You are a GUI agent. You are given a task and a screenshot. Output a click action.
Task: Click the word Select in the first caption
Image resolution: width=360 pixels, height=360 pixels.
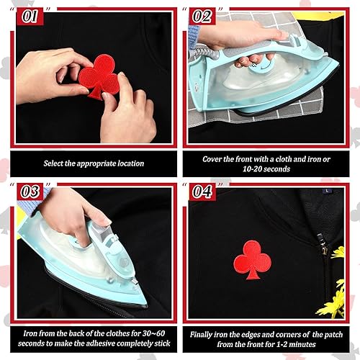55,163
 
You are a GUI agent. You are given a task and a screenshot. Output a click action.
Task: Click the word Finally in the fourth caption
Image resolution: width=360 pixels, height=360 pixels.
207,334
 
